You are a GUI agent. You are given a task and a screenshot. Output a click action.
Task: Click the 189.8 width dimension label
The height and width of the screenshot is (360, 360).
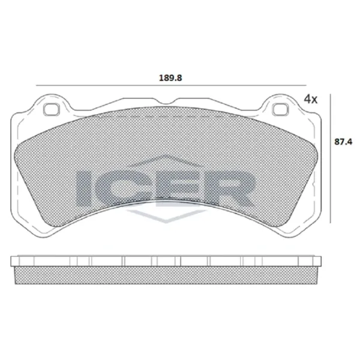point(170,77)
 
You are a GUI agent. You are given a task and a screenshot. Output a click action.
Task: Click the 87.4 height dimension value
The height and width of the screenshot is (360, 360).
point(342,142)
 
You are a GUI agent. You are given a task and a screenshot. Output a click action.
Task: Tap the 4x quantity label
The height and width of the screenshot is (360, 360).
point(310,98)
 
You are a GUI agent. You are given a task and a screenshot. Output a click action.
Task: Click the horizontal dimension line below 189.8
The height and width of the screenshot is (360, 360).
point(170,85)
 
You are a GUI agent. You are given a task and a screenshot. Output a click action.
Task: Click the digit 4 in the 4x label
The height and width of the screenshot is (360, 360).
point(307,98)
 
